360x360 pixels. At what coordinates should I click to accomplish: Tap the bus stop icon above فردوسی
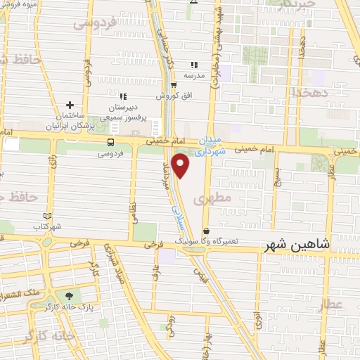110,142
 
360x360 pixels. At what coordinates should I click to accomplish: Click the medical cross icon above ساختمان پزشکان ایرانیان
70,105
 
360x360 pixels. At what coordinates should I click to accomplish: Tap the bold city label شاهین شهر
296,245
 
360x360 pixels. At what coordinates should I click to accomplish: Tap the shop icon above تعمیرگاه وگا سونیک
206,230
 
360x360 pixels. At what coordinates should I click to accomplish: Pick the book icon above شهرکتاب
47,216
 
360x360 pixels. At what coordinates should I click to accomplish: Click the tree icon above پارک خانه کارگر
69,296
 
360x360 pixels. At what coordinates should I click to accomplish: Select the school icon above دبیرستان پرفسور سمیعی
123,97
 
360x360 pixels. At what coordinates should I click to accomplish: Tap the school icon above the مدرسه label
194,64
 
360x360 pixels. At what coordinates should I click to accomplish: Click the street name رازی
53,166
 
